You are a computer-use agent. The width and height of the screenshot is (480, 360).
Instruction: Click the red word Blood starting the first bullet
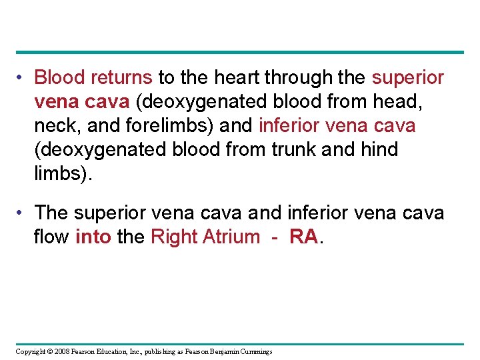click(60, 78)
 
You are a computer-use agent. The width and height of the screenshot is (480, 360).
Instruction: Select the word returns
click(122, 78)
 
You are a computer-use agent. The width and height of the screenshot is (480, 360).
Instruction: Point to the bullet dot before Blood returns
click(21, 78)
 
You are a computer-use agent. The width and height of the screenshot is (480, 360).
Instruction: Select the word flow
click(51, 237)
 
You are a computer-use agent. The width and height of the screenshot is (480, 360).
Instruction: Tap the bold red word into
click(93, 237)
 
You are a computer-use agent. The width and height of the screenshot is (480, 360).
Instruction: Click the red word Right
click(173, 237)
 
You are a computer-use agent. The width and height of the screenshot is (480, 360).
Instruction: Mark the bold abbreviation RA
click(303, 237)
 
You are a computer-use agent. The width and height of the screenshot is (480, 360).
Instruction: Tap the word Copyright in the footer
click(31, 351)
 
